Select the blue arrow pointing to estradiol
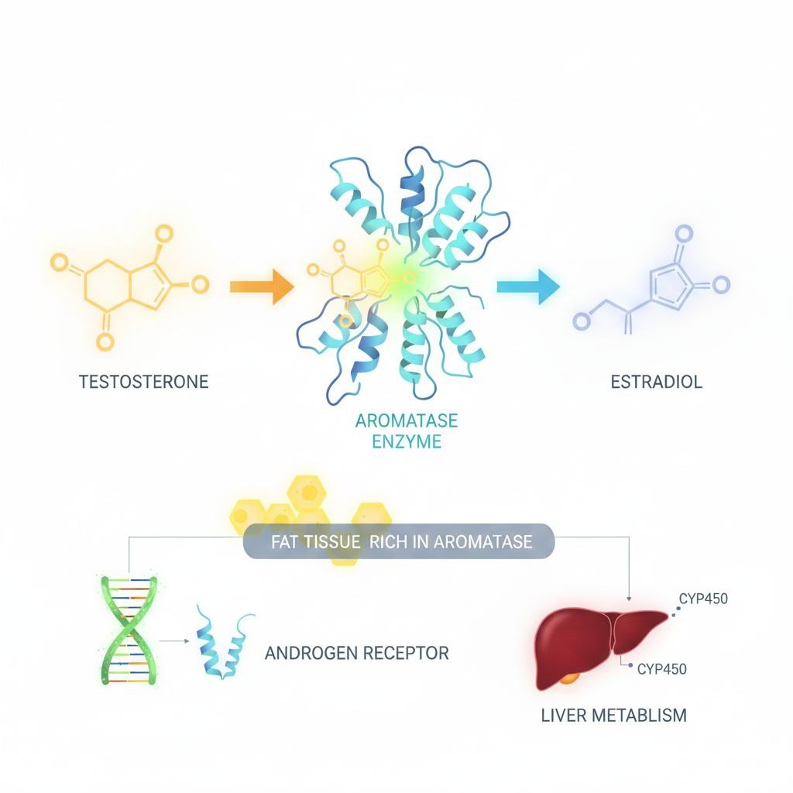[x=527, y=286]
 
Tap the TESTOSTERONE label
[x=144, y=382]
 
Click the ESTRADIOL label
[x=656, y=382]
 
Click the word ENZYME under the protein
[x=407, y=442]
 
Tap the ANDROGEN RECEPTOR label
[x=356, y=653]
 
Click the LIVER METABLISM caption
[x=613, y=715]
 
